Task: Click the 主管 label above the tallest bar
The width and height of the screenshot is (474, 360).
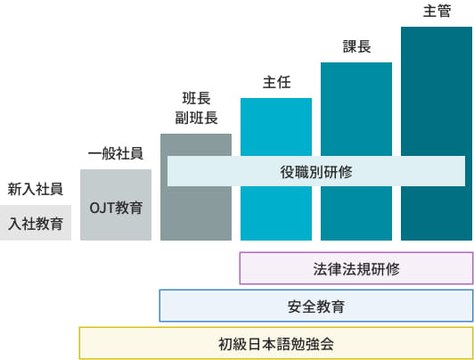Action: (x=437, y=11)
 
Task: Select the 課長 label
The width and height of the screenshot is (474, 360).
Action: (x=356, y=46)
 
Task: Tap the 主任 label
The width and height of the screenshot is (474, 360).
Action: (x=276, y=82)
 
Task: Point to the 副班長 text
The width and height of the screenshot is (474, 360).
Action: (x=197, y=118)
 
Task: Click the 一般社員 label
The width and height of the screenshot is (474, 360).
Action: (x=116, y=153)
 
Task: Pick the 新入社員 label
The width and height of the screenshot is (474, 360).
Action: (x=36, y=189)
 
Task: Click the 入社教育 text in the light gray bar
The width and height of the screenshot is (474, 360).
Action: (x=36, y=224)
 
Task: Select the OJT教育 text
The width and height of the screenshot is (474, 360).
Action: (x=116, y=208)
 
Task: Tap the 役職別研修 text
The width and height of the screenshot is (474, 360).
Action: (x=316, y=172)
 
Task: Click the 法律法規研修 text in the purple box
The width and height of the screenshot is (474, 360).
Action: (x=356, y=269)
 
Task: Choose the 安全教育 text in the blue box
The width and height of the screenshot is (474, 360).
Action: (x=316, y=307)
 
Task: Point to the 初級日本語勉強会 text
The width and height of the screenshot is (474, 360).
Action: (x=276, y=344)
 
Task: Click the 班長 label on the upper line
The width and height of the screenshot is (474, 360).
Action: (x=197, y=99)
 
